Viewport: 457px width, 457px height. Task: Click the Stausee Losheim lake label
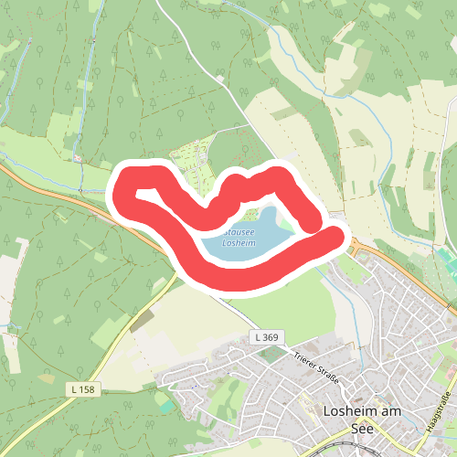coord(239,238)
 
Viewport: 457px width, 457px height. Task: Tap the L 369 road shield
coord(266,338)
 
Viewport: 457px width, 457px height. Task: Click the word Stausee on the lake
coord(239,232)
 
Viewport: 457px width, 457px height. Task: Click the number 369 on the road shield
coord(270,338)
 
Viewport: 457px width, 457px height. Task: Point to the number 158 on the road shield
coord(87,389)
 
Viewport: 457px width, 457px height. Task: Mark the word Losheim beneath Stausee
coord(239,243)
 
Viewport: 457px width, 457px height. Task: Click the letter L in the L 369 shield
coord(259,338)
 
